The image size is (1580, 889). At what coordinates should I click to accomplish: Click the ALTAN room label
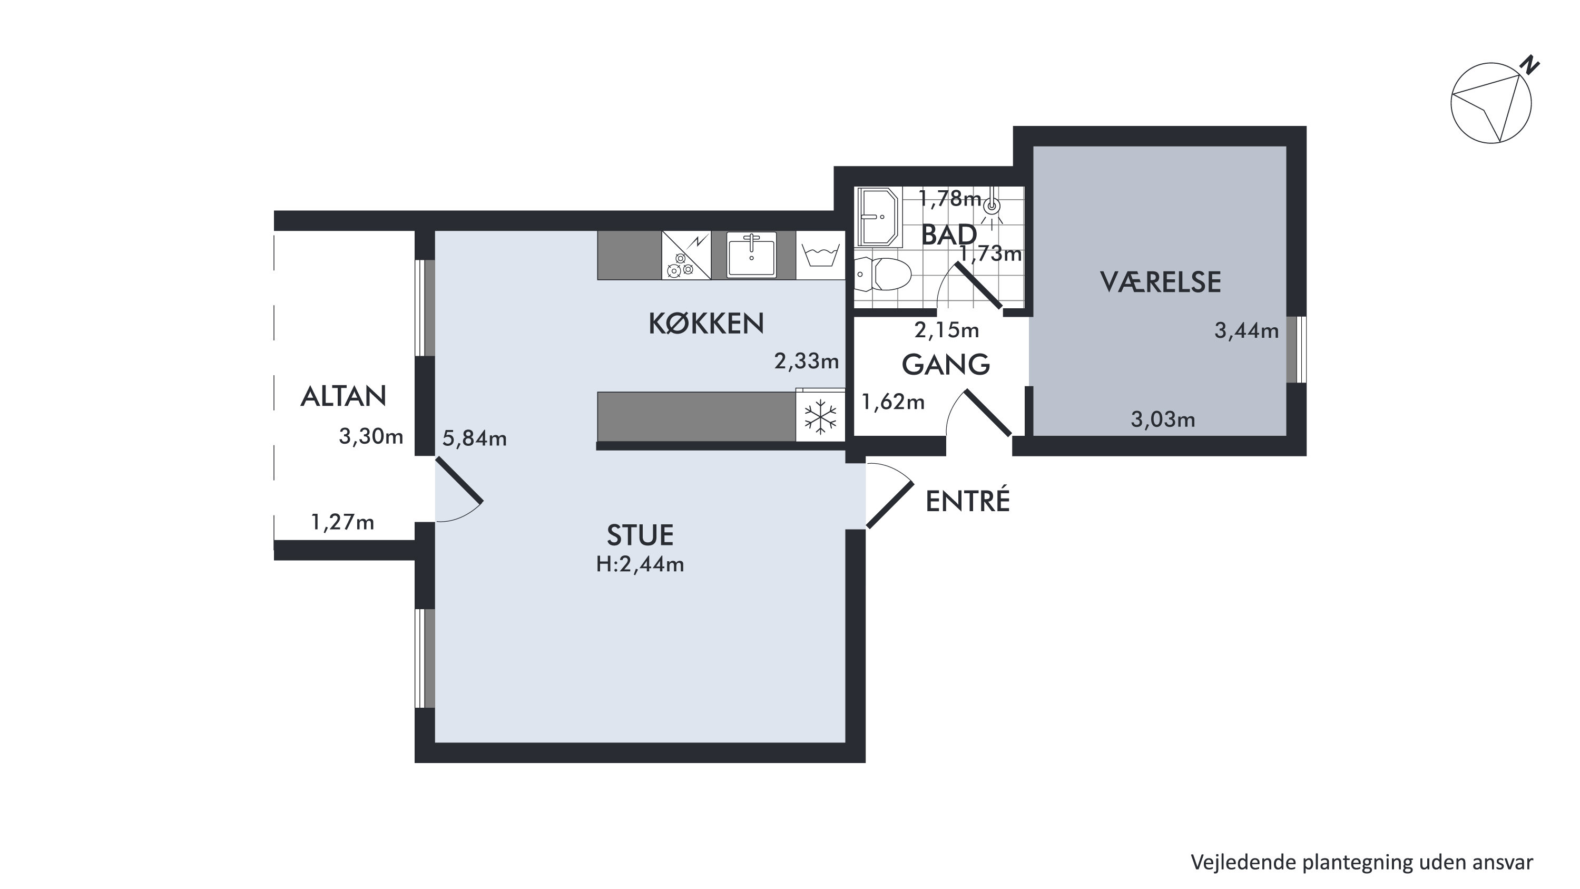[x=343, y=396]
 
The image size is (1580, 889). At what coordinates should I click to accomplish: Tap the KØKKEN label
[x=706, y=324]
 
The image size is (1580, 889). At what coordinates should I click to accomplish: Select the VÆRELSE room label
[x=1161, y=282]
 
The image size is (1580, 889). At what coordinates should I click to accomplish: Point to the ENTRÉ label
[x=967, y=501]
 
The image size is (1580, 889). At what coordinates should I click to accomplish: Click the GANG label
[x=946, y=365]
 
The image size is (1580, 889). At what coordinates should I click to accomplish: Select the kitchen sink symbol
[x=751, y=255]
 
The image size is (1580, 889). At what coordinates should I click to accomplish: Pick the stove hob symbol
[x=686, y=255]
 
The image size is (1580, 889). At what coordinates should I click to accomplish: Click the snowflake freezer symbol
[x=820, y=417]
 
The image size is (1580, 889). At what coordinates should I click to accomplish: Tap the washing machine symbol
[x=821, y=255]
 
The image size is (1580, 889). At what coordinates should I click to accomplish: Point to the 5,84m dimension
[x=474, y=438]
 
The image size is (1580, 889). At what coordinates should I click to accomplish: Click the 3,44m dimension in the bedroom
[x=1247, y=331]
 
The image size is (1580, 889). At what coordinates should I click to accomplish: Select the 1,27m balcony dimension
[x=342, y=522]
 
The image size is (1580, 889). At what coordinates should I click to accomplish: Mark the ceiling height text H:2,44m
[x=640, y=564]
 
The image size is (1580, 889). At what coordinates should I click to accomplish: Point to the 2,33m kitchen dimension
[x=806, y=362]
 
